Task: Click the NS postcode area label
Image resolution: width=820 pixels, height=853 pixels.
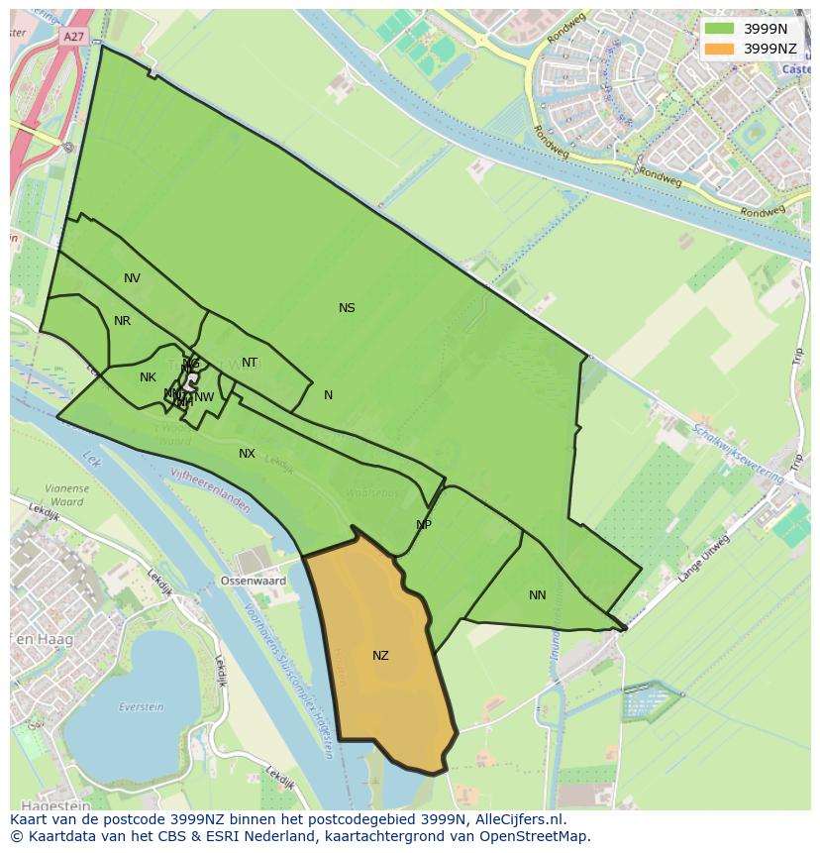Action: pyautogui.click(x=347, y=308)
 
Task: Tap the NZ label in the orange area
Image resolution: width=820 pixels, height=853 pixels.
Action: pyautogui.click(x=380, y=656)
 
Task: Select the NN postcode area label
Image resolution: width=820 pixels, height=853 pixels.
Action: pyautogui.click(x=537, y=595)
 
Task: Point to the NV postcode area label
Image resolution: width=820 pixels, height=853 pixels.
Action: pyautogui.click(x=132, y=278)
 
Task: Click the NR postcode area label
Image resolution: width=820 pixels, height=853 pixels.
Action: pyautogui.click(x=122, y=321)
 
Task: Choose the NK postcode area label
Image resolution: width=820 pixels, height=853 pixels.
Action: pyautogui.click(x=148, y=377)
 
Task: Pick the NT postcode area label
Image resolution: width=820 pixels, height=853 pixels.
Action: pyautogui.click(x=250, y=363)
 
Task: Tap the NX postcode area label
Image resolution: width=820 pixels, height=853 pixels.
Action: pyautogui.click(x=247, y=454)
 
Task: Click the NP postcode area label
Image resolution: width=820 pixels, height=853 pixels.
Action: pyautogui.click(x=424, y=525)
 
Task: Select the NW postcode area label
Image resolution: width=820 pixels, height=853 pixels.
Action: pyautogui.click(x=204, y=397)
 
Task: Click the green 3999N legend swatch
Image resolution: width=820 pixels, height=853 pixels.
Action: pyautogui.click(x=719, y=29)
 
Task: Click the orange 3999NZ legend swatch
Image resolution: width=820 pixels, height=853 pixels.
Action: pyautogui.click(x=719, y=48)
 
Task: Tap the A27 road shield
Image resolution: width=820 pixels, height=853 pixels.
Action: pyautogui.click(x=73, y=37)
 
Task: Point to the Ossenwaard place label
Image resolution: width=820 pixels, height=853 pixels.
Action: pyautogui.click(x=253, y=582)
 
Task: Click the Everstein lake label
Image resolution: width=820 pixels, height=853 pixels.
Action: pyautogui.click(x=141, y=707)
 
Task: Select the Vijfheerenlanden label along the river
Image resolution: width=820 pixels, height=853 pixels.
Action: pyautogui.click(x=209, y=489)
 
